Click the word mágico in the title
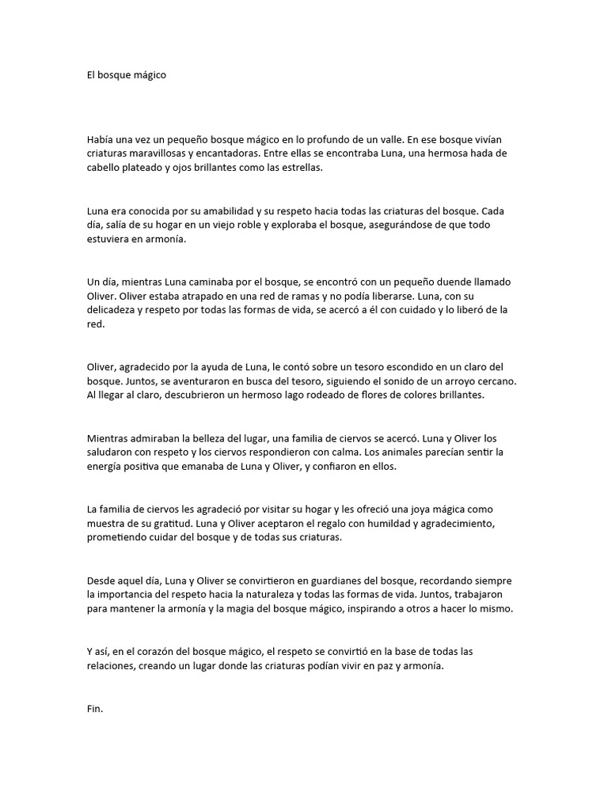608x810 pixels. [x=149, y=76]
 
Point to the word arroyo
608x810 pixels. [x=458, y=380]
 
